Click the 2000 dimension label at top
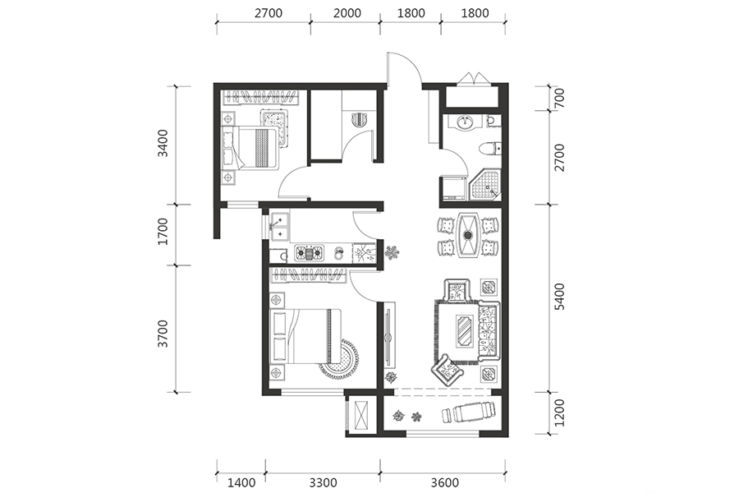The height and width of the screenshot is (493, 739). click(347, 13)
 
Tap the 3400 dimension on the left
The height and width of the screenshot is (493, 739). click(163, 144)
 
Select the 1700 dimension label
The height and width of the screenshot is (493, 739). click(163, 231)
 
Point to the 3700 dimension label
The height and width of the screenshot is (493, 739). click(163, 334)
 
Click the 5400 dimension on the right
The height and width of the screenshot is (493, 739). click(559, 297)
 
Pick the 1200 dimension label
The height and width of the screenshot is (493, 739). click(559, 412)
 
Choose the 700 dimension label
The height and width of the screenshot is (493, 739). click(559, 98)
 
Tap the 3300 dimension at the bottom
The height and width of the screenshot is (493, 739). click(323, 482)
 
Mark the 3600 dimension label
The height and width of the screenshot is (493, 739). click(444, 482)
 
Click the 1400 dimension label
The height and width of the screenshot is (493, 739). click(241, 482)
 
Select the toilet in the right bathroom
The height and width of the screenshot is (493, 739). click(490, 150)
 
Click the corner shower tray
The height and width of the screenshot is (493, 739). click(485, 186)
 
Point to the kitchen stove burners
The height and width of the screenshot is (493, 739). click(310, 253)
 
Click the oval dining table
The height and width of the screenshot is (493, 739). click(468, 236)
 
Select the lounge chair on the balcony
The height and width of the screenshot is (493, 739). click(470, 412)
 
